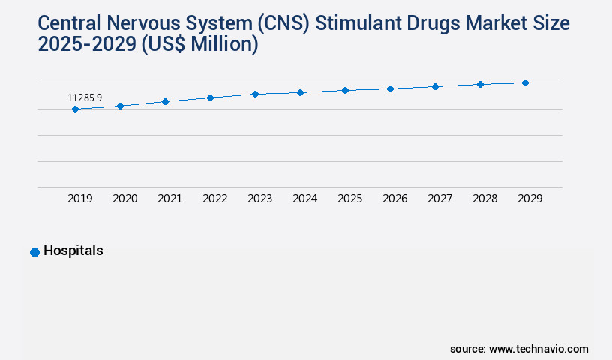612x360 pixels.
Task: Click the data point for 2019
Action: click(x=75, y=109)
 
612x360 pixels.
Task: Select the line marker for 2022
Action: click(x=210, y=97)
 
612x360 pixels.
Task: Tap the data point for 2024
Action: click(x=300, y=92)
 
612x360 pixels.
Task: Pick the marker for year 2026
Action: click(x=390, y=88)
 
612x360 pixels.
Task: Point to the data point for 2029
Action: click(x=525, y=82)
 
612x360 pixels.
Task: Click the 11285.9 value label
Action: click(x=84, y=97)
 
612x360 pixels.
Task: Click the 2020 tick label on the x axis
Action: click(x=125, y=199)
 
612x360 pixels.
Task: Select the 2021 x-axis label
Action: click(x=170, y=199)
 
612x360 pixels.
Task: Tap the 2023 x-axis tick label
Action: click(x=260, y=199)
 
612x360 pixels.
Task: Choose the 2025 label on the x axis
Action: click(x=350, y=199)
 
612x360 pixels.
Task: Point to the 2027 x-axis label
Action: click(x=440, y=199)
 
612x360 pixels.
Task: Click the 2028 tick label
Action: click(x=485, y=199)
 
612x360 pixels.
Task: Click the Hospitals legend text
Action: click(x=73, y=251)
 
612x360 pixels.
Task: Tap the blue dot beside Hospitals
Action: click(x=34, y=253)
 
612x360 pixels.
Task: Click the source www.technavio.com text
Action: click(x=519, y=349)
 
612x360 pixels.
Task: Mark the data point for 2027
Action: click(x=435, y=86)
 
